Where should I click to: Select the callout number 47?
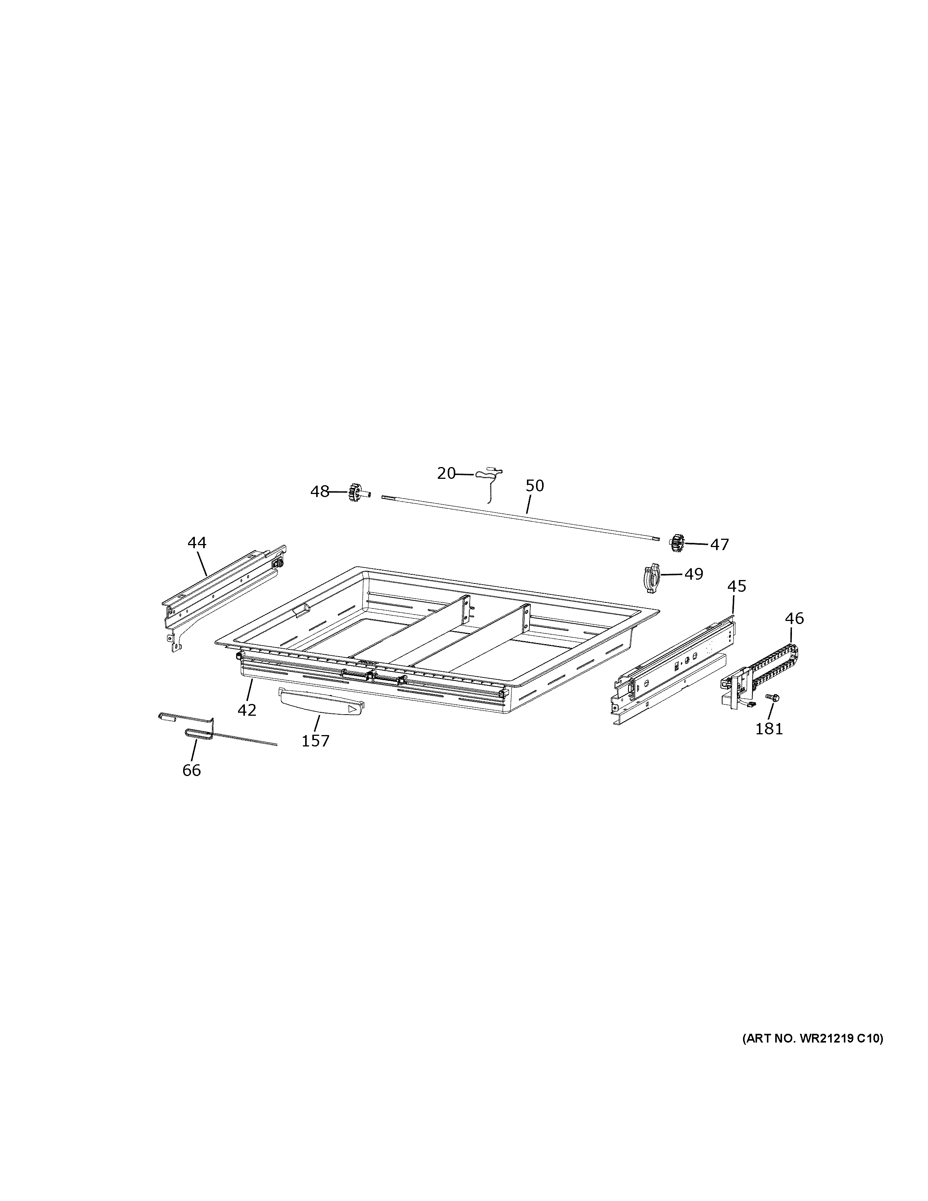pos(719,544)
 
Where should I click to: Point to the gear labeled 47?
pos(678,543)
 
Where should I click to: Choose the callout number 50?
pos(535,486)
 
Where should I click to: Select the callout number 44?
pos(197,543)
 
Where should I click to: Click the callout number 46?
pos(795,619)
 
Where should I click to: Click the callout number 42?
pos(247,710)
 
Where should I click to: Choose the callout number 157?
pos(315,741)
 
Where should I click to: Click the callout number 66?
pos(191,770)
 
